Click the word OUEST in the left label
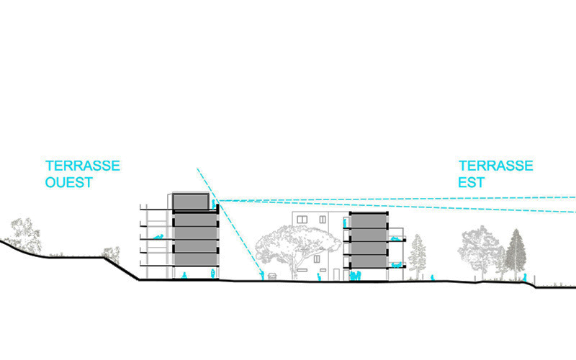68,182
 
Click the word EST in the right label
472,182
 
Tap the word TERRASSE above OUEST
82,166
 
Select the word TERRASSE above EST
496,166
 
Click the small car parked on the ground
271,275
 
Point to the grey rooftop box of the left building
192,201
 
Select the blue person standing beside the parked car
261,274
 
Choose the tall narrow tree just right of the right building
417,256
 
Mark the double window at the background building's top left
301,219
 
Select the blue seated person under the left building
184,275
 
